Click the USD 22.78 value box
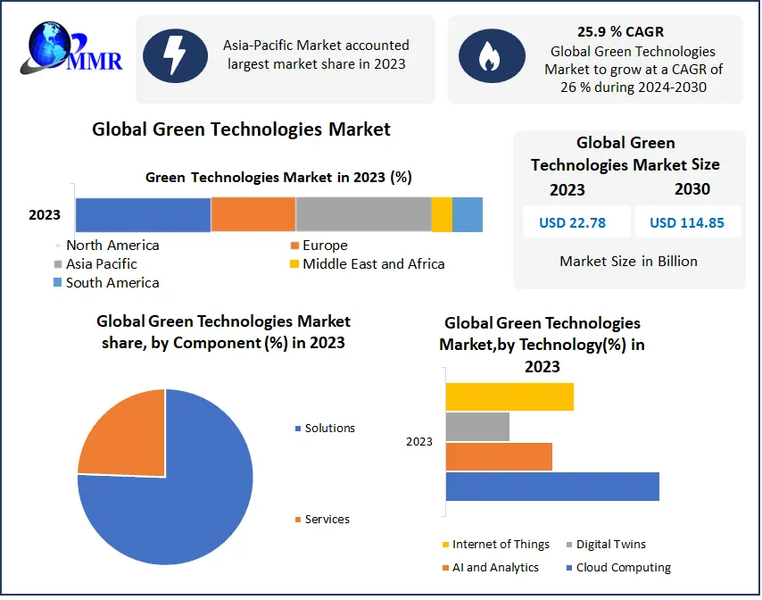(572, 222)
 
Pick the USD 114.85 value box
(687, 222)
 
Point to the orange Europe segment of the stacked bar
(253, 215)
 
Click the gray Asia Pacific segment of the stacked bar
(363, 215)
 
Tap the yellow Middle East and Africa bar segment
(442, 215)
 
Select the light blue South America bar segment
(468, 215)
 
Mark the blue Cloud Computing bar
(551, 487)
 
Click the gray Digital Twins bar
(477, 427)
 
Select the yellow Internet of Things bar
(509, 396)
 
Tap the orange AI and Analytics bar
(498, 456)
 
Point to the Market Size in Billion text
(628, 262)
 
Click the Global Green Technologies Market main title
(241, 129)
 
